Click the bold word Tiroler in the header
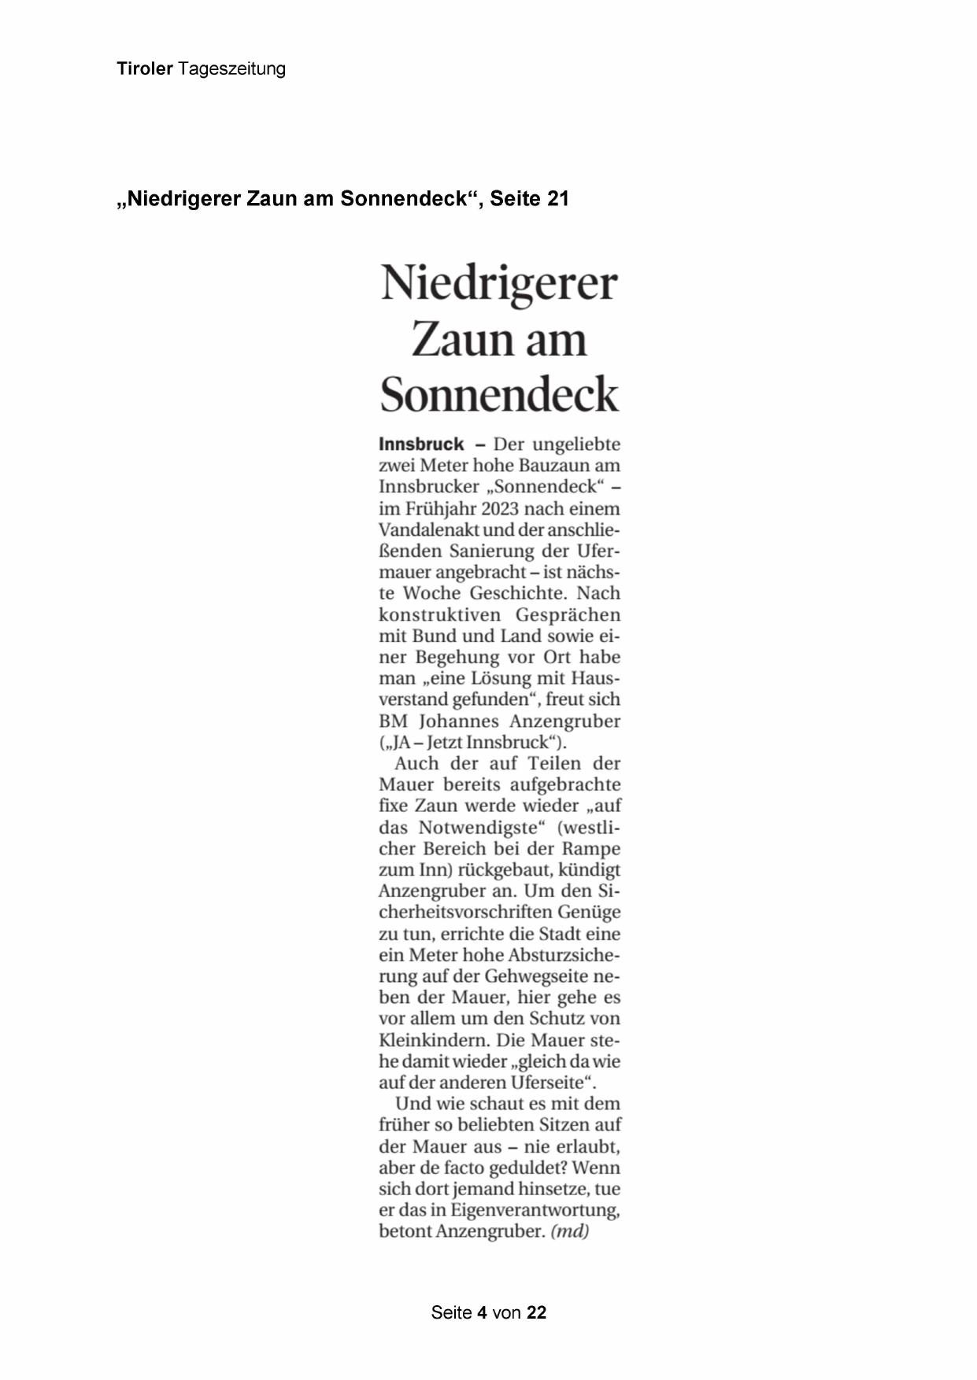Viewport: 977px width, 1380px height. point(145,69)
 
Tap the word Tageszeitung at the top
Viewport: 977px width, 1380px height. point(231,69)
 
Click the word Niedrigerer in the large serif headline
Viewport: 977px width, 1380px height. point(499,283)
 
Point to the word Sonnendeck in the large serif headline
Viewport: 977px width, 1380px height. point(499,394)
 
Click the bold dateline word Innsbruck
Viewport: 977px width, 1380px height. point(421,444)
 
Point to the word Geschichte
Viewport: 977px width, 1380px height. point(521,593)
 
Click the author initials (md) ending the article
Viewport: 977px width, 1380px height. point(570,1231)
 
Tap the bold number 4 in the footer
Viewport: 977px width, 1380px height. point(481,1312)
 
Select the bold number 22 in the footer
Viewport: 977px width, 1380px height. point(536,1312)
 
